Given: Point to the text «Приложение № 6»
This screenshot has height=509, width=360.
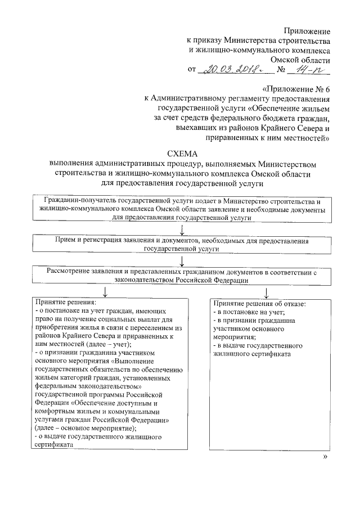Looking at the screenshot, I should pyautogui.click(x=296, y=90).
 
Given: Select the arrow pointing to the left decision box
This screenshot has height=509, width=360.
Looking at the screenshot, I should pyautogui.click(x=105, y=292).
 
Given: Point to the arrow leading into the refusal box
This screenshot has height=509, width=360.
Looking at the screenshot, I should pyautogui.click(x=265, y=292).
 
